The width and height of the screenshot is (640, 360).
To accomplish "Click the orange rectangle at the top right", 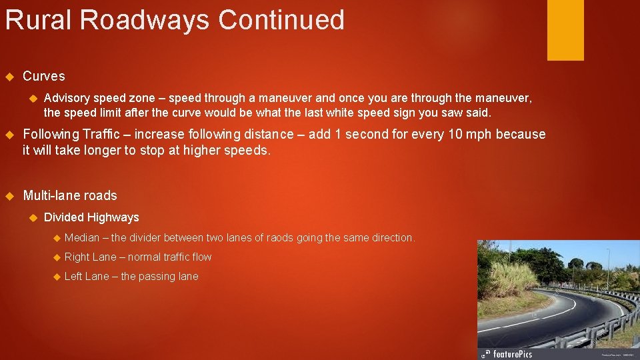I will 565,30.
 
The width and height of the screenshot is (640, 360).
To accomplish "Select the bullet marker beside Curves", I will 9,77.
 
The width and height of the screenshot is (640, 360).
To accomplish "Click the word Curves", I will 44,77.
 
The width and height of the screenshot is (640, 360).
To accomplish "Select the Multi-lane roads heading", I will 70,196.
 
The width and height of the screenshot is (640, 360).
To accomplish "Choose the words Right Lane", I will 90,257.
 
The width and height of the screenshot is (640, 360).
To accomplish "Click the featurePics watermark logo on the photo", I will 507,353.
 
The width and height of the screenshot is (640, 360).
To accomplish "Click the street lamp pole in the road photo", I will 607,267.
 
